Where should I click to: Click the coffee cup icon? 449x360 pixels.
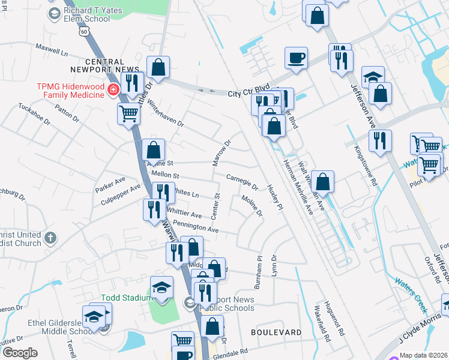[x=296, y=58]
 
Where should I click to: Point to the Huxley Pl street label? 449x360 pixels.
[x=275, y=199]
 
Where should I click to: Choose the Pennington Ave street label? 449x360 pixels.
[x=196, y=228]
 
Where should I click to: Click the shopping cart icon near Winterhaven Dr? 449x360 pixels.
[x=129, y=113]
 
